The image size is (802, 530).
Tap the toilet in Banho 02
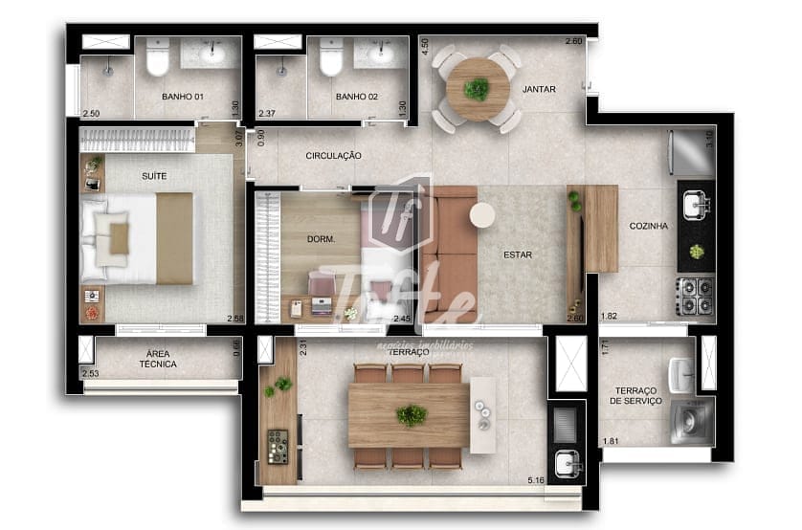tap(331, 57)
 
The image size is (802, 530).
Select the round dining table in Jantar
tap(476, 89)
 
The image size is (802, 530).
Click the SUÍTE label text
tap(154, 176)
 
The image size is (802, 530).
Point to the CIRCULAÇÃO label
tap(333, 155)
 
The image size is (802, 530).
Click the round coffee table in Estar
tap(482, 215)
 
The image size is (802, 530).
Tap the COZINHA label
tap(648, 227)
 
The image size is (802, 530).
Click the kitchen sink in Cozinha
tap(696, 204)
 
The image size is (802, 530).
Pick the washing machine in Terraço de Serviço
tap(690, 421)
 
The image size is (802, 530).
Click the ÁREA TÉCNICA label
tap(158, 359)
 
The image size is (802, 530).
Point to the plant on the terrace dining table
tap(412, 415)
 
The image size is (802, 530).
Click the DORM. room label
tap(321, 240)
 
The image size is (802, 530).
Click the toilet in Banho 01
tap(158, 57)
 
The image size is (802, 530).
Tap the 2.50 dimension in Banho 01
tap(91, 113)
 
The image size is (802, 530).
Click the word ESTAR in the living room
tap(518, 255)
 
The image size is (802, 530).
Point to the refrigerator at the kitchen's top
tap(695, 151)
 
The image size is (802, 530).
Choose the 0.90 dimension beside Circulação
tap(261, 137)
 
